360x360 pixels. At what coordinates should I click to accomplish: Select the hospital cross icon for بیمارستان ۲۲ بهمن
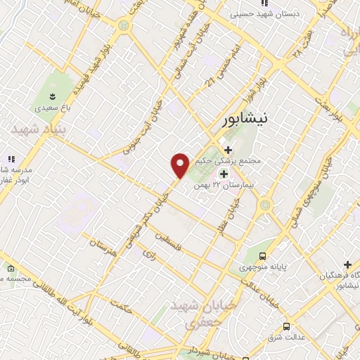224,174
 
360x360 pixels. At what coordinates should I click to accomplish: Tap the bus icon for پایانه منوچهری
262,257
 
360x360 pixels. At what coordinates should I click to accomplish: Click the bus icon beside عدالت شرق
286,327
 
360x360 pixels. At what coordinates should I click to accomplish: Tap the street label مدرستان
103,247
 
